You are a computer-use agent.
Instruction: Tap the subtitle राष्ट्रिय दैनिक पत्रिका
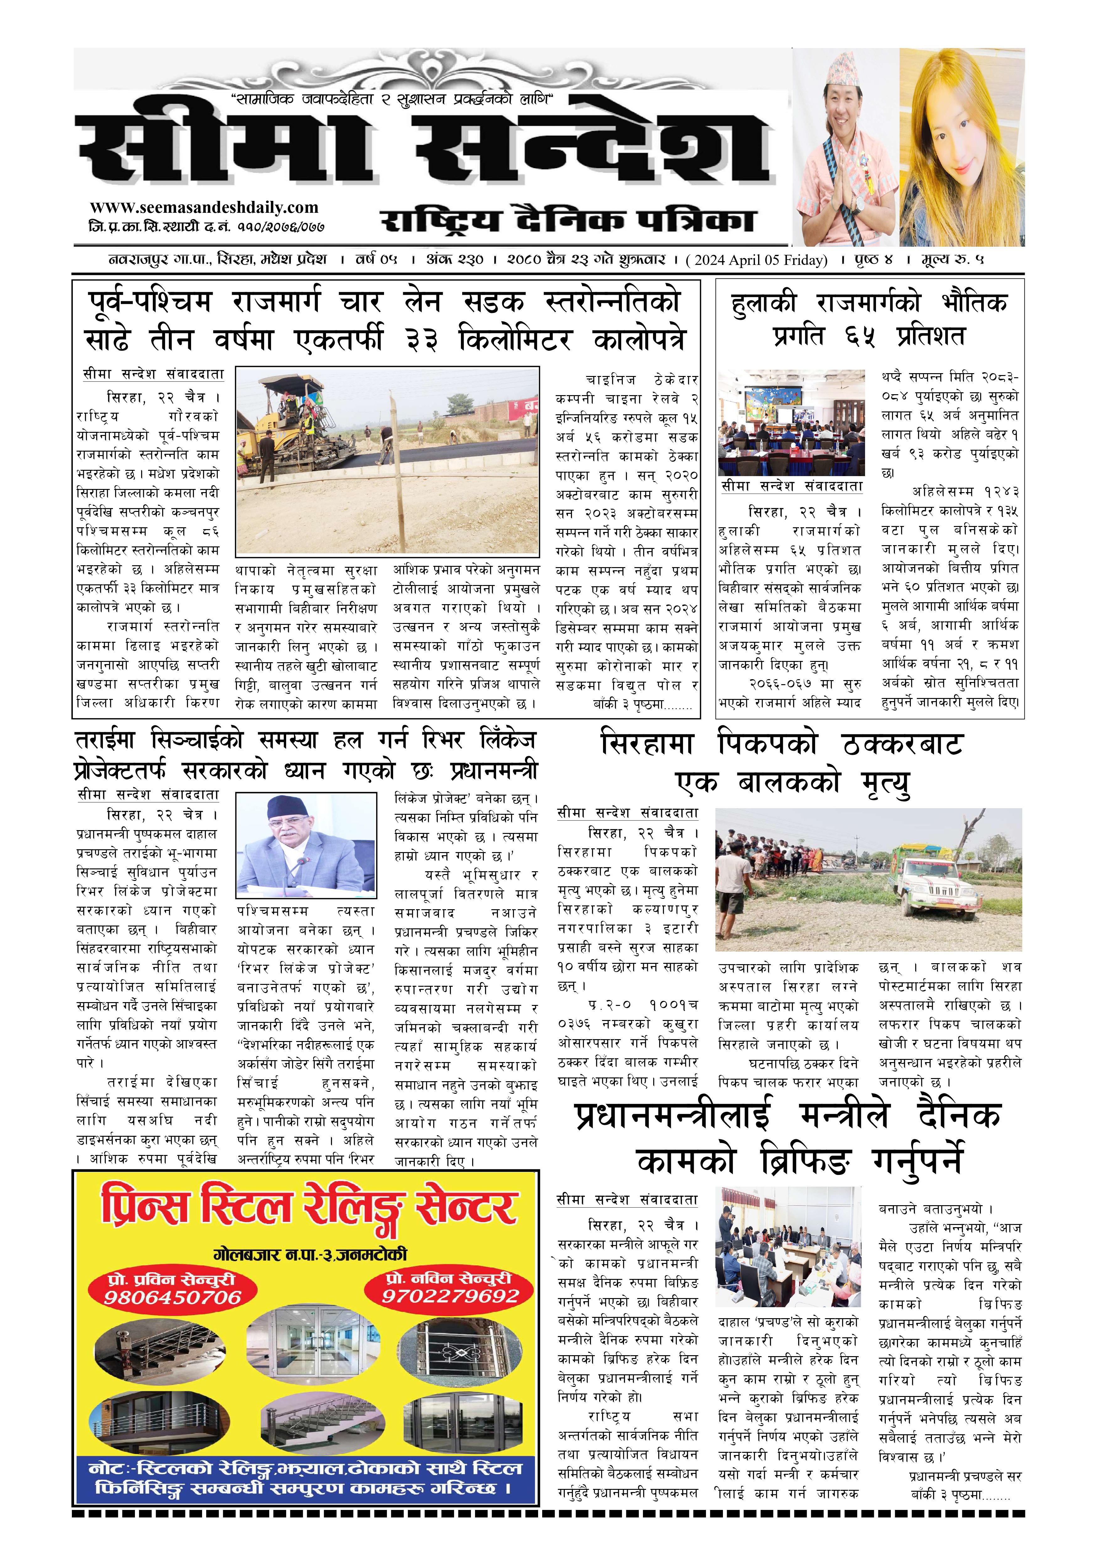(x=568, y=221)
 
